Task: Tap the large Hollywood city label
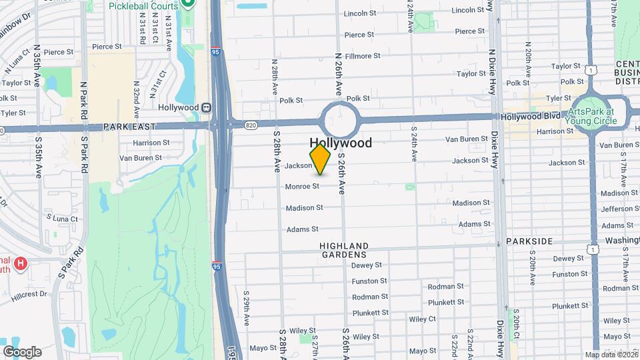tap(341, 143)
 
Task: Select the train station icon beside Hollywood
tap(207, 107)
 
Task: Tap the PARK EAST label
tap(129, 127)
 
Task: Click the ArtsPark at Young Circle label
tap(591, 117)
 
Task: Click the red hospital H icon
tap(21, 264)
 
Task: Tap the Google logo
tap(22, 352)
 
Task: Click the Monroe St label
tap(302, 187)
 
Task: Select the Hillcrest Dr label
tap(29, 294)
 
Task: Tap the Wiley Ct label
tap(422, 319)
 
